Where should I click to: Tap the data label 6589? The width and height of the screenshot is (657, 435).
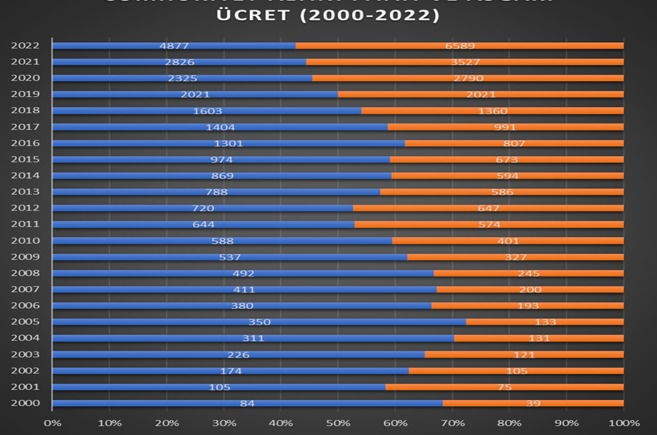tap(460, 46)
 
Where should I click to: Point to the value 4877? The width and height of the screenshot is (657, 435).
tap(174, 46)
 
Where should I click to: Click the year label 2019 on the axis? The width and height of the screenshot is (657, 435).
tap(25, 94)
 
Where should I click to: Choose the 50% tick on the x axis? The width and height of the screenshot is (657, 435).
tap(338, 423)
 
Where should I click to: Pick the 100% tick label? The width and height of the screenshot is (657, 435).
tap(624, 423)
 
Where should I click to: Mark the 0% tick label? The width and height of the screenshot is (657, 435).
tap(52, 423)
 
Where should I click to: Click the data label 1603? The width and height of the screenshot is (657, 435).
tap(208, 111)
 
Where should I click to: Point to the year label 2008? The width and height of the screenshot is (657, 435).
tap(25, 273)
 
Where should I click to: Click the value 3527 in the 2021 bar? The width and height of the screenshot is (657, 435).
tap(465, 62)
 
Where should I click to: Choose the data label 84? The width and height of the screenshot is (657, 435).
tap(247, 403)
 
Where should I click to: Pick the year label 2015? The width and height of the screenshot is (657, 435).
tap(25, 159)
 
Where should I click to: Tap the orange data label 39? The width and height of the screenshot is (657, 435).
tap(534, 403)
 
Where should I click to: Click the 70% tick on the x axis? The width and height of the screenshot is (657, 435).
tap(452, 423)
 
